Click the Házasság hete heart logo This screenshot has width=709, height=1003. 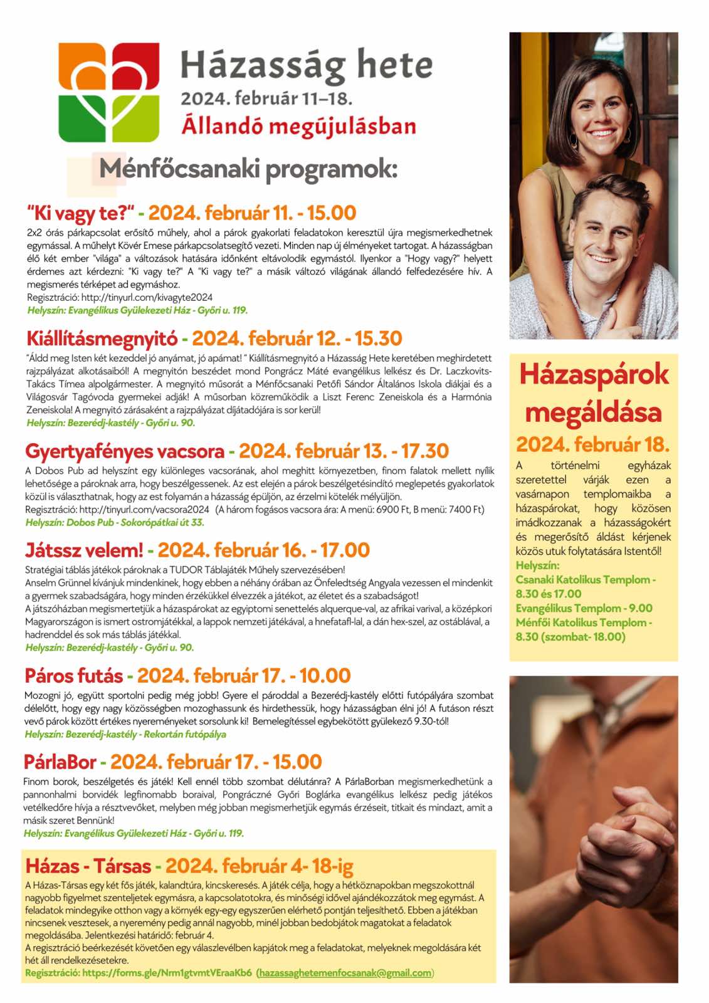[x=109, y=92]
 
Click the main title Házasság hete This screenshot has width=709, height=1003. [x=307, y=65]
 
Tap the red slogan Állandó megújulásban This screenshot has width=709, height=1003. [x=298, y=126]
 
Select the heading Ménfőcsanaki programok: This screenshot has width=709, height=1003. [x=248, y=169]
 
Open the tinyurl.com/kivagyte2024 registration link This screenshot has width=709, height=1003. [x=147, y=297]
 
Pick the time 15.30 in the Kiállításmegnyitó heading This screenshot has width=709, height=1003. [x=378, y=339]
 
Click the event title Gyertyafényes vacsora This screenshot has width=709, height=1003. [x=125, y=451]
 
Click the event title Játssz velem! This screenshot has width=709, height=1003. [x=84, y=550]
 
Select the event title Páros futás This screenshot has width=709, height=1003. [x=73, y=676]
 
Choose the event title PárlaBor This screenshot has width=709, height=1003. [x=60, y=762]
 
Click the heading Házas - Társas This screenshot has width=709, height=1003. [x=88, y=866]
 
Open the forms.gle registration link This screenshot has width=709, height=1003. [x=167, y=973]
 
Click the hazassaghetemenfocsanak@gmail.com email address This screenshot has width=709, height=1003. [x=345, y=973]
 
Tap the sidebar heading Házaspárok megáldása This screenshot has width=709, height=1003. [x=593, y=393]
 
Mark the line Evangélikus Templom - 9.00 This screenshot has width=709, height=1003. [x=584, y=608]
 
